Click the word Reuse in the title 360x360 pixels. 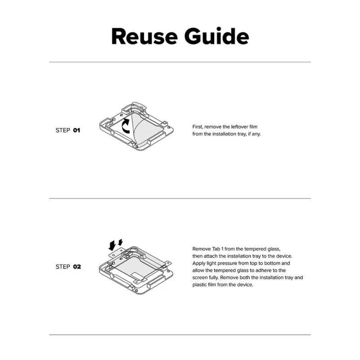(x=144, y=36)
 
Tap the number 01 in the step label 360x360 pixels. (x=76, y=130)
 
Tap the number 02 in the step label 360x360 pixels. (x=77, y=267)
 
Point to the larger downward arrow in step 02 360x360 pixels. (x=112, y=245)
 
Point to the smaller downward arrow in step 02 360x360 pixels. (x=121, y=242)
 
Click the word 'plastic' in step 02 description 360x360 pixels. (x=199, y=285)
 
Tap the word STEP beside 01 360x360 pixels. (x=63, y=130)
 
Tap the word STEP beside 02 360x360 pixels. (x=63, y=267)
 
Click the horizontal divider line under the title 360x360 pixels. (x=180, y=62)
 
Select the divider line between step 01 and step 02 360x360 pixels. (x=180, y=198)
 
